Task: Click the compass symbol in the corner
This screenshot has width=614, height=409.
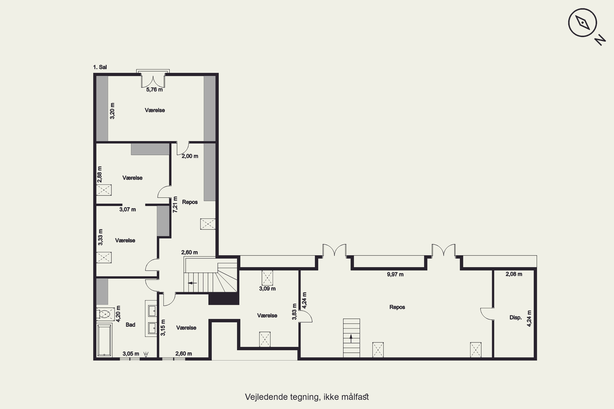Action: (582, 23)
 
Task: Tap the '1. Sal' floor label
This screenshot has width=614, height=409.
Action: (100, 67)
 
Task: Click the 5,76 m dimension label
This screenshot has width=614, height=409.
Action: (154, 90)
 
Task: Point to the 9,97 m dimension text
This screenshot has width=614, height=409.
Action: (395, 274)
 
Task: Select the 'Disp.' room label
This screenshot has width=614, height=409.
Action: (516, 318)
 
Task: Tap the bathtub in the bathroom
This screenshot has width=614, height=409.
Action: (104, 340)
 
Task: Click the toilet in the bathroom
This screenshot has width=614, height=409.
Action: (105, 314)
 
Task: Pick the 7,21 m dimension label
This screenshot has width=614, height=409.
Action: (175, 204)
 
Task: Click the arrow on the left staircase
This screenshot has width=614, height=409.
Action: (192, 283)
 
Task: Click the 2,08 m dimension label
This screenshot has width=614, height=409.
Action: (514, 274)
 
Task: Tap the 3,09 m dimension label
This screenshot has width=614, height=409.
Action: (267, 289)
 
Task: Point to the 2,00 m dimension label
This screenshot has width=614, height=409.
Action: (190, 156)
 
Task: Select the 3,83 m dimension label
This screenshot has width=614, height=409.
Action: (294, 311)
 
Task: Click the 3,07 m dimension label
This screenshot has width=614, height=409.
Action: (128, 209)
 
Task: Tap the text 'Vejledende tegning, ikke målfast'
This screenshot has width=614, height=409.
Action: (307, 397)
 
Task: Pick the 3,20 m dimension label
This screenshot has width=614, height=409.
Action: (112, 111)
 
